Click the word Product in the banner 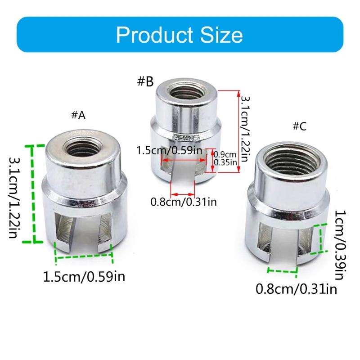(x=155, y=35)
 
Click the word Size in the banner (x=221, y=35)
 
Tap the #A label (x=78, y=115)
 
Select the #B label (x=145, y=81)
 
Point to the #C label (x=300, y=126)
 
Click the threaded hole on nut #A (x=82, y=148)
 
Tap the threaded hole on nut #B (x=186, y=91)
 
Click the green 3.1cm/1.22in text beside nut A (x=14, y=198)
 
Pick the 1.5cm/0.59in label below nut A (x=84, y=276)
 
